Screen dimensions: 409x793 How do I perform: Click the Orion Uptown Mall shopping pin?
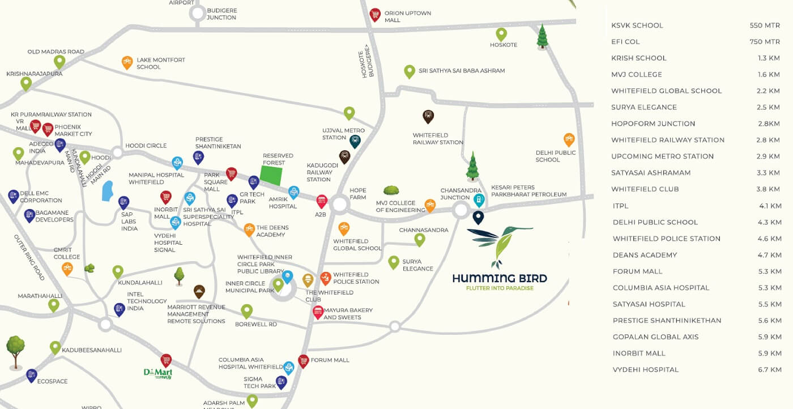click(374, 15)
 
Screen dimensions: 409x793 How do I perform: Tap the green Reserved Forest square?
click(271, 175)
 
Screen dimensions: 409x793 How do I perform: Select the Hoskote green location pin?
click(501, 34)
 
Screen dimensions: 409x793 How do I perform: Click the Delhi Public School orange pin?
click(569, 139)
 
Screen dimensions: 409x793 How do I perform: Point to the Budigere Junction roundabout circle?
click(198, 14)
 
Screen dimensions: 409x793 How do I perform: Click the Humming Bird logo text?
click(499, 278)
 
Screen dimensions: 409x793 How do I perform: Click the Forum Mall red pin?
click(304, 361)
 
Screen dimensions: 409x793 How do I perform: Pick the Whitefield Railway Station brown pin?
click(428, 117)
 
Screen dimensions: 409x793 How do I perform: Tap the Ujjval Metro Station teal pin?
click(355, 141)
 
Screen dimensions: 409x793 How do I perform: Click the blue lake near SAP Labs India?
click(106, 191)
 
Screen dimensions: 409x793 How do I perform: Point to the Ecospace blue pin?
click(32, 375)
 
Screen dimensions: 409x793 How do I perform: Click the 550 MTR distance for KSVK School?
click(764, 25)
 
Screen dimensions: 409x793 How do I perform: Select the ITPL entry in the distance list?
click(620, 206)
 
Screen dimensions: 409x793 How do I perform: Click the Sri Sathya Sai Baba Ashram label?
click(462, 71)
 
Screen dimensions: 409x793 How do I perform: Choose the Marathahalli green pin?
click(54, 305)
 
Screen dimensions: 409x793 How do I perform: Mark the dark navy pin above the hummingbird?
click(478, 217)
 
